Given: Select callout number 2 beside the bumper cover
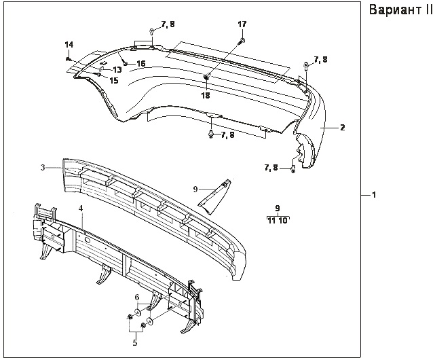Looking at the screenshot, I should coord(343,128).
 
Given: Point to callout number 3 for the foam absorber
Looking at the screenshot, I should coord(42,166).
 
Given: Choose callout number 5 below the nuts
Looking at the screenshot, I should coord(134,343).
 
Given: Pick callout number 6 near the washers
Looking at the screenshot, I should coord(136,297).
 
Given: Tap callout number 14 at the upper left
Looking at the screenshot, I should coord(69,45).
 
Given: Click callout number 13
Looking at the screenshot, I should coord(117,70).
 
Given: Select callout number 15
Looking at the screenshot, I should coord(113,81).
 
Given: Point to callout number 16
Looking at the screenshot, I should coord(141,64).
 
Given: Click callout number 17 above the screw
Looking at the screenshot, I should coord(242,24).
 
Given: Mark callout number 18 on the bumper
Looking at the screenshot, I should coord(205,96).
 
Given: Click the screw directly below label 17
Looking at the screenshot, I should coord(241,41).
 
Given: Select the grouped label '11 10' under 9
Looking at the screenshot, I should coord(278,221).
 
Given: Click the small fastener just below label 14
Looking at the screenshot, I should coord(69,58).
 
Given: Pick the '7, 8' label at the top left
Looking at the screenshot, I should coord(168,24).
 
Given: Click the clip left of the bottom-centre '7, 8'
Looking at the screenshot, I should coord(210,135).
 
